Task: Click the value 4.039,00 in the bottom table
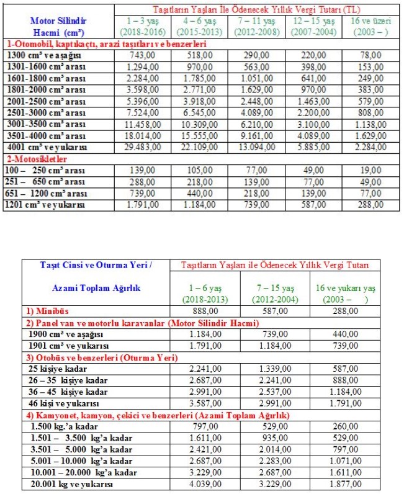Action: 205,484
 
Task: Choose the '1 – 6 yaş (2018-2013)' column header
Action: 204,294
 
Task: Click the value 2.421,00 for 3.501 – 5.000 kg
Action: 205,449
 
